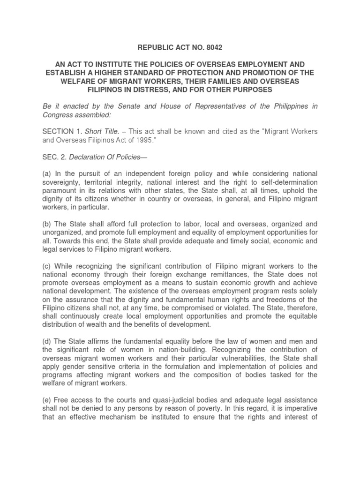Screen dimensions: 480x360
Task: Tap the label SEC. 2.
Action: [54, 157]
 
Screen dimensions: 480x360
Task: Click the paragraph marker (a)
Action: [47, 174]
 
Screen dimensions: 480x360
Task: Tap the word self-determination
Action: [284, 182]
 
